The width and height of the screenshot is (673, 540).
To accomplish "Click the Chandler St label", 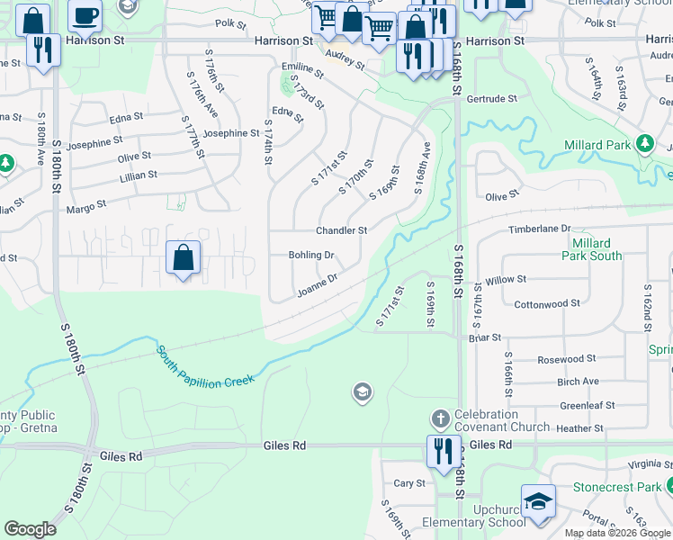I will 341,230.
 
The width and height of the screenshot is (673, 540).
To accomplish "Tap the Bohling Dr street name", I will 311,256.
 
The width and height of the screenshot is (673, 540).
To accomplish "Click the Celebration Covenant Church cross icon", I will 440,418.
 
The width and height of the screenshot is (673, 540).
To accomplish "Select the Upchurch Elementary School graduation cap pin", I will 537,500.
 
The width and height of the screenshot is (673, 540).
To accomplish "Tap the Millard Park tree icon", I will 644,144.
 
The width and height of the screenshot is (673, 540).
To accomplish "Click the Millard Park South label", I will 592,249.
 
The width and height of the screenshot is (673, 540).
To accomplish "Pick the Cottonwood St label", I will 547,304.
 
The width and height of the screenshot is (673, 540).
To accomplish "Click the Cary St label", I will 409,483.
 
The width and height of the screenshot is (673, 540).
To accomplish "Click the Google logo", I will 30,529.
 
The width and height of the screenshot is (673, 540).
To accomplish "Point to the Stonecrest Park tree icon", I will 668,487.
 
